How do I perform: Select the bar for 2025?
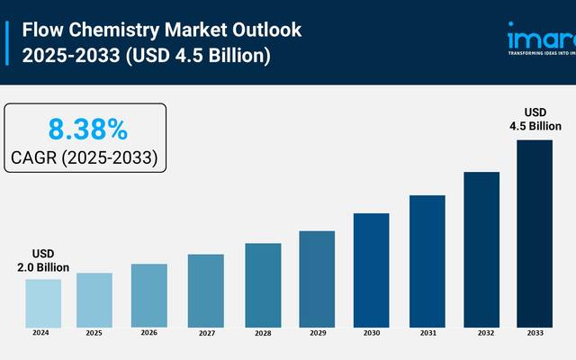[94, 299]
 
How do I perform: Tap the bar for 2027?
[206, 290]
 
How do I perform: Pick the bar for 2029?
[317, 278]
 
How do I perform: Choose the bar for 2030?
[371, 269]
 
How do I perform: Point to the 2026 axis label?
[149, 333]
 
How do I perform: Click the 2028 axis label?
[262, 333]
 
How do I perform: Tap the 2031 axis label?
[427, 333]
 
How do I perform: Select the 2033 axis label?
[535, 333]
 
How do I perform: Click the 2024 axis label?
[40, 333]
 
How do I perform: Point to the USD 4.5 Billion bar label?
[536, 119]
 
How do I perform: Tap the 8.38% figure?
[87, 129]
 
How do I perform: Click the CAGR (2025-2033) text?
[85, 158]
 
